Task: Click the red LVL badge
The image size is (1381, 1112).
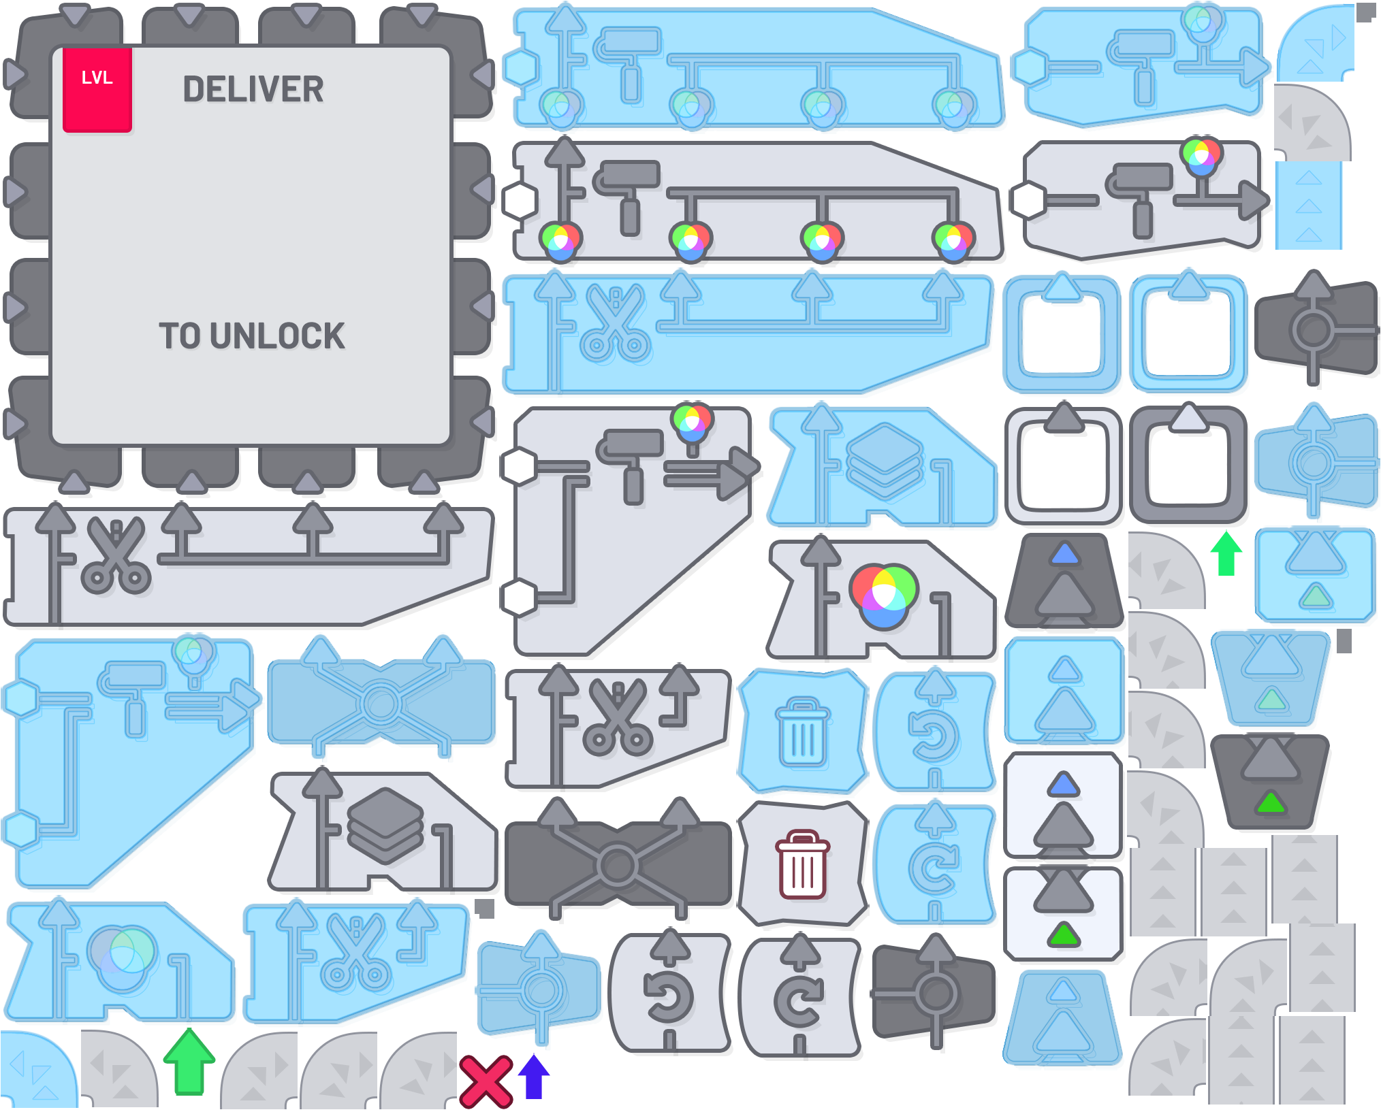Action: point(97,89)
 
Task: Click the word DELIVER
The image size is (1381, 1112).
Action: point(253,90)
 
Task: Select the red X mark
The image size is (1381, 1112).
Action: point(485,1081)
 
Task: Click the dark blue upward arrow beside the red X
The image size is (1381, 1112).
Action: point(533,1076)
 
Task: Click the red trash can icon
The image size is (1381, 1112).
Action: point(802,864)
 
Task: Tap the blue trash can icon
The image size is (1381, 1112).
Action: point(802,732)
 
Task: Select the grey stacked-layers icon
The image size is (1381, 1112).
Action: point(385,825)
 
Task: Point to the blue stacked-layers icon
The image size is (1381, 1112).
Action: point(884,460)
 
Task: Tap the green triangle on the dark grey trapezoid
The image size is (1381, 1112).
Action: point(1270,803)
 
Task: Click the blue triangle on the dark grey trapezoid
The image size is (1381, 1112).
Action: point(1065,555)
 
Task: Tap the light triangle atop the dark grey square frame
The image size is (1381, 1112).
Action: point(1188,418)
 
